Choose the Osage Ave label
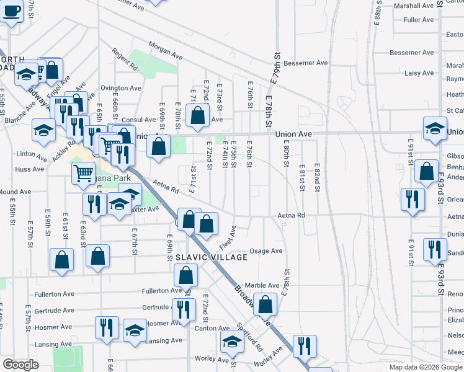coord(265,251)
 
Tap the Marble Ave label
coord(261,285)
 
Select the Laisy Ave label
coord(419,73)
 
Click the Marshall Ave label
coord(416,6)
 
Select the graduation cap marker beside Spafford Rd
coord(233,342)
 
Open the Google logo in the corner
coord(20,364)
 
